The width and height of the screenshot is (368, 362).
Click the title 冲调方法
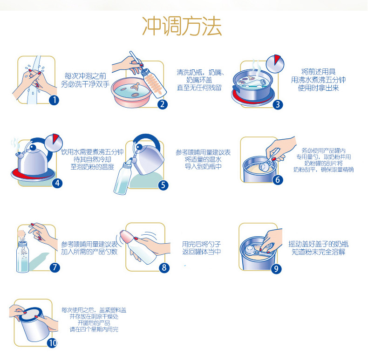pos(182,26)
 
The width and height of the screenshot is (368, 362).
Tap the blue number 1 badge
pos(54,100)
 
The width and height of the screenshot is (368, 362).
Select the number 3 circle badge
pos(278,104)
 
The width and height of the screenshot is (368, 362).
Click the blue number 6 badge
pos(278,180)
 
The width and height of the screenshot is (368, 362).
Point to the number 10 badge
pos(52,343)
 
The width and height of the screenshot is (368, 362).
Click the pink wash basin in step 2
pos(132,93)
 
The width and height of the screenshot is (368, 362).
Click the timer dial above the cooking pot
pos(275,64)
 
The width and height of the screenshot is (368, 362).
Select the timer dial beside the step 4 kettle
pos(53,143)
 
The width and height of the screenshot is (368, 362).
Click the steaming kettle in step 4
pos(33,160)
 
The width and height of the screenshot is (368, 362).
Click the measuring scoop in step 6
pos(268,163)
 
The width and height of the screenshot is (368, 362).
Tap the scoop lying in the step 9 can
pos(255,251)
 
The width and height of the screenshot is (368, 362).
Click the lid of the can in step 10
pos(30,314)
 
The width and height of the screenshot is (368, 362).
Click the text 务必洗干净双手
pos(85,84)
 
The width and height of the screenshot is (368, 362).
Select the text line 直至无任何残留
pos(199,88)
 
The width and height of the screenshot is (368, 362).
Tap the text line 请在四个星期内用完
pos(94,329)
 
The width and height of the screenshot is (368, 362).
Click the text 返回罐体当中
pos(202,252)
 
